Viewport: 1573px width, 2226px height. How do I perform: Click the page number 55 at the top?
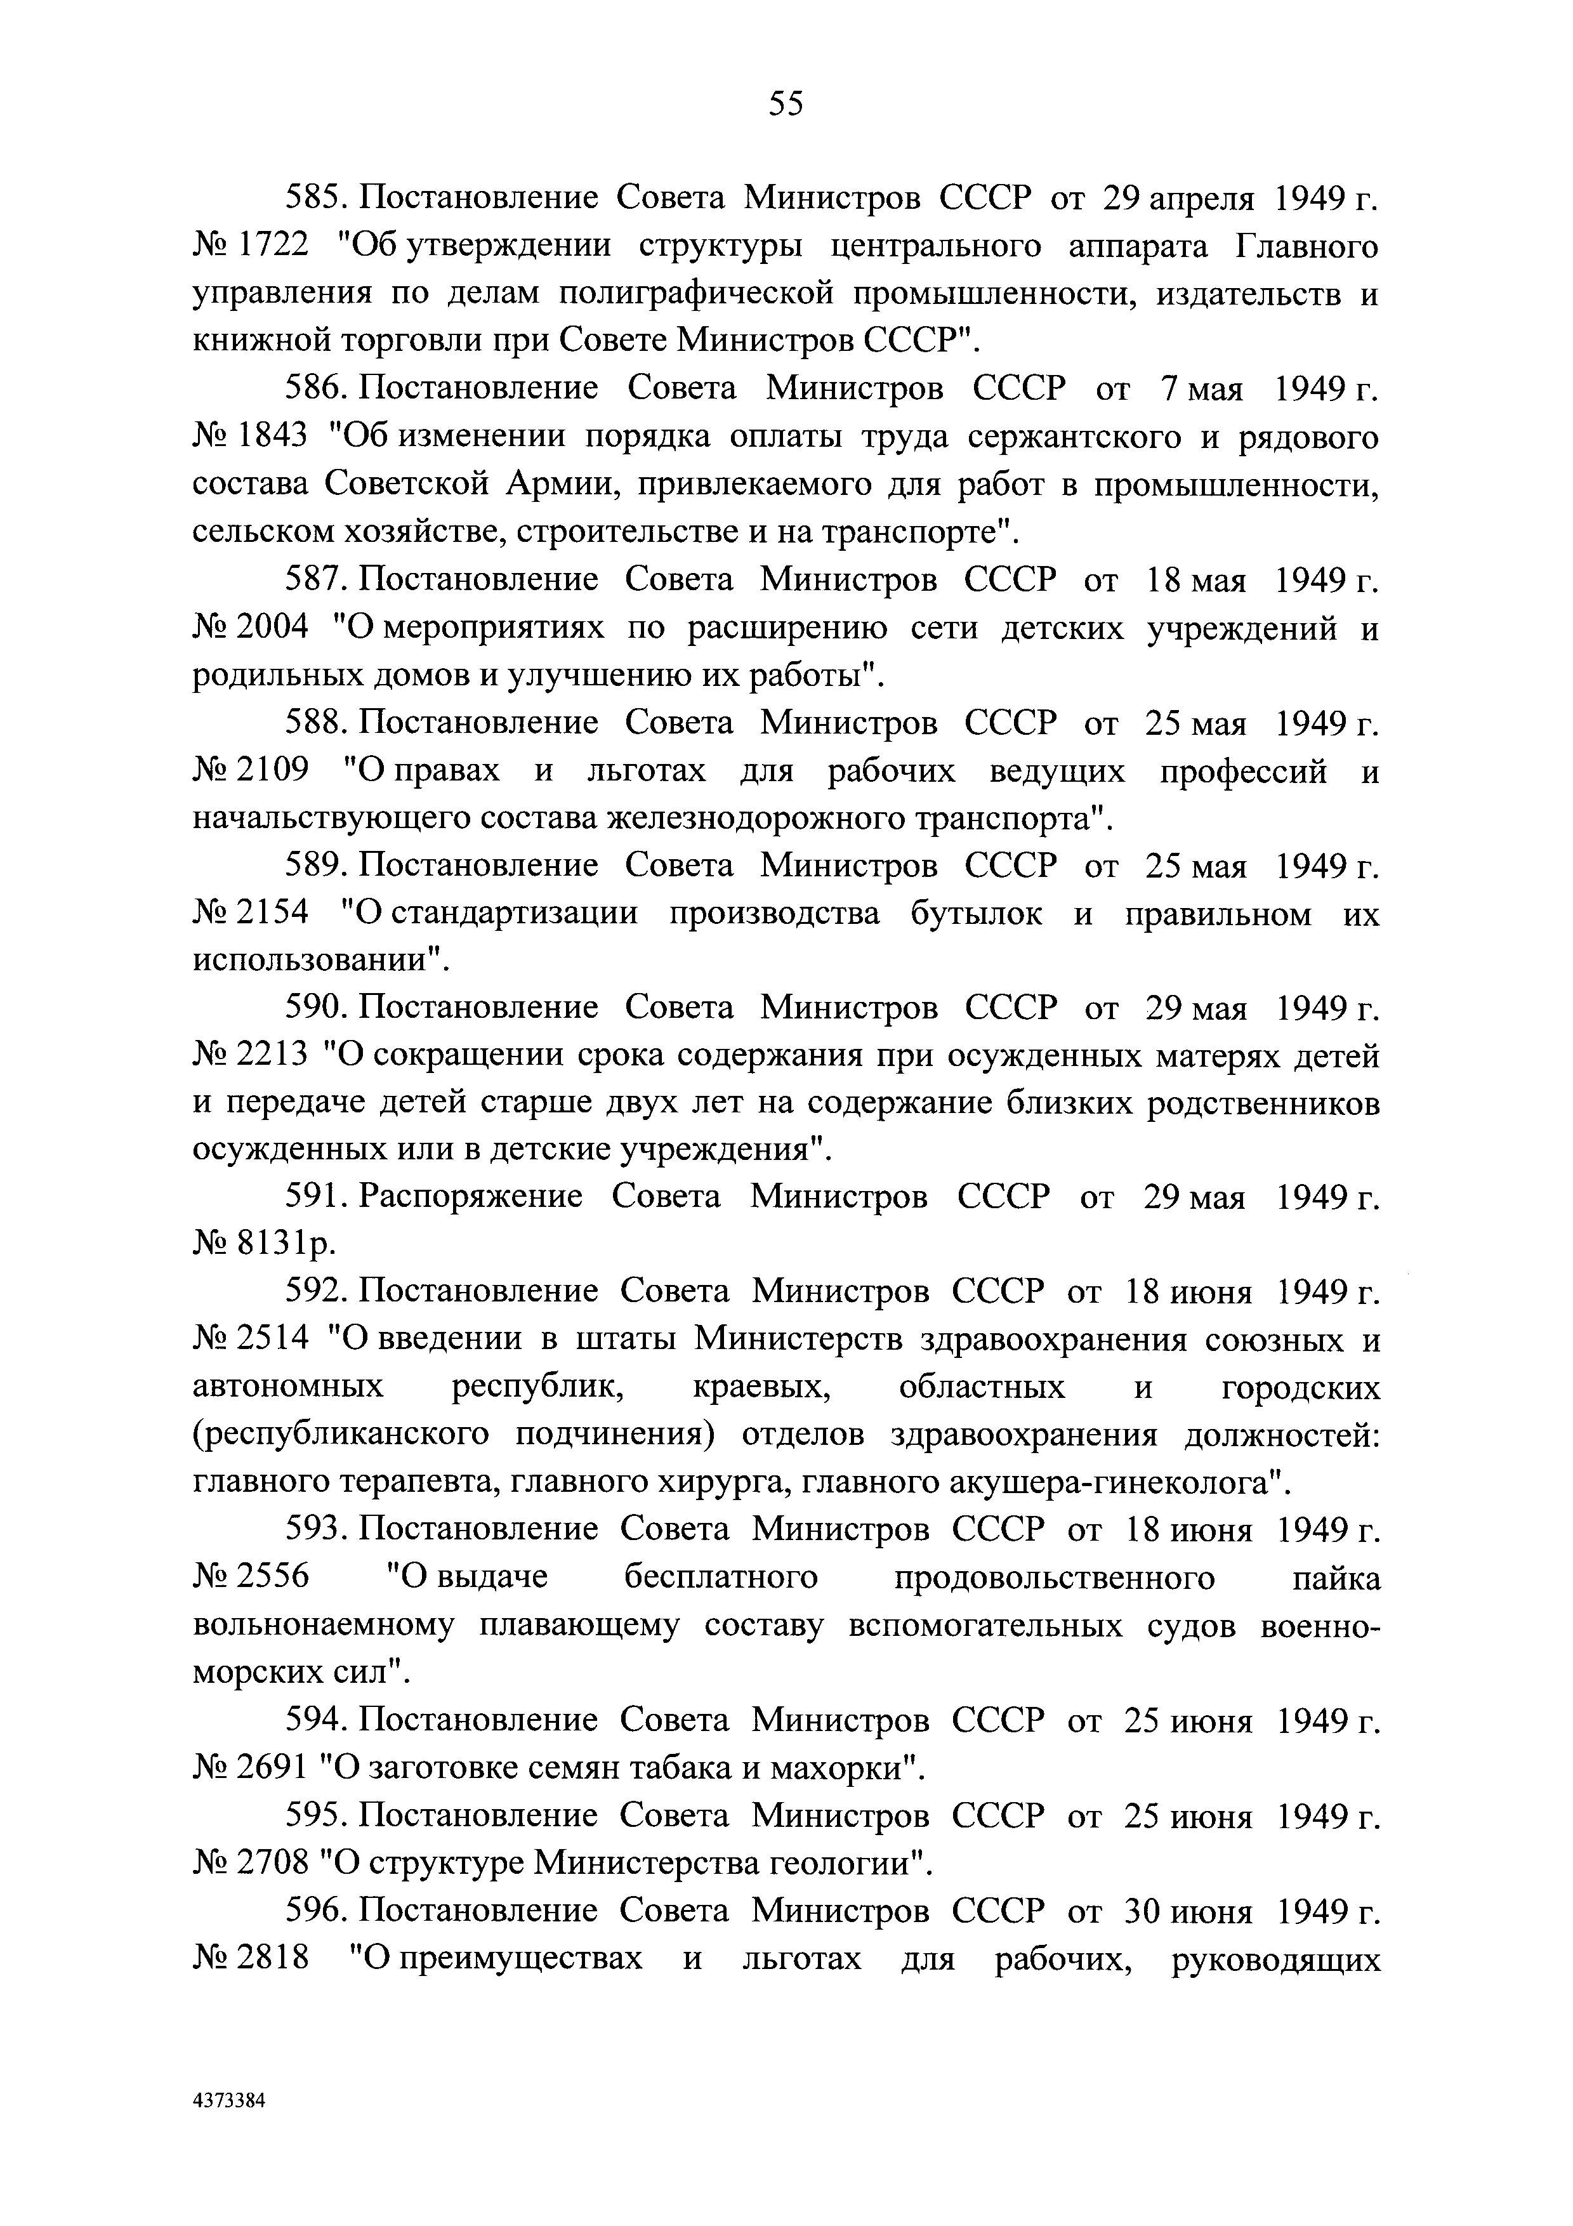[x=785, y=103]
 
